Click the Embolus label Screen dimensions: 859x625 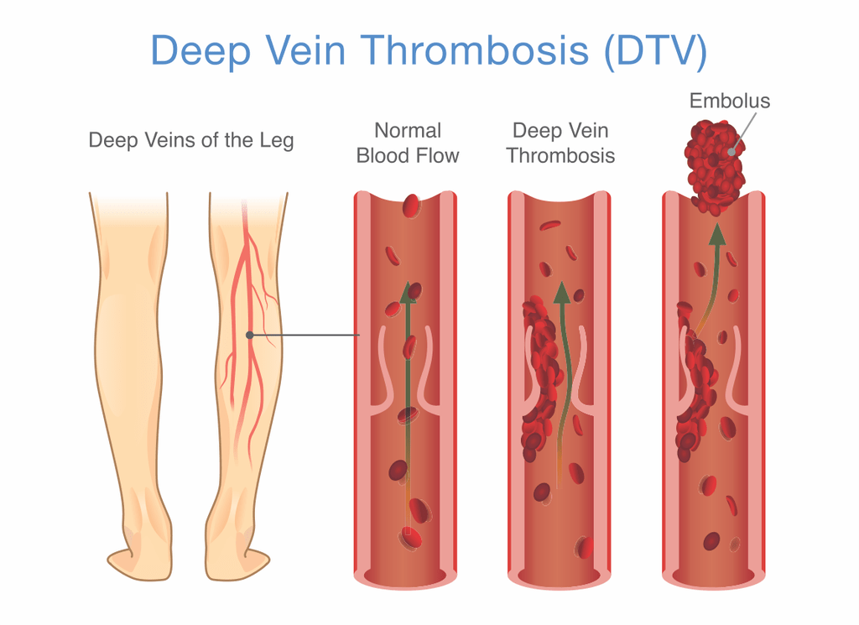coord(729,101)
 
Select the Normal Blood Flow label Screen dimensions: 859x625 coord(408,143)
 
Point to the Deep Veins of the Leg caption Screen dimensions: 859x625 coord(191,140)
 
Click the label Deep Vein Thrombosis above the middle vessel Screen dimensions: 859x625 coord(560,143)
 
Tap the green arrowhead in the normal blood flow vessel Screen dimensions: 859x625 coord(407,293)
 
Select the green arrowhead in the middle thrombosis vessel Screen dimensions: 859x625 coord(561,293)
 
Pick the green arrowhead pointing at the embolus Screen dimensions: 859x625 coord(717,234)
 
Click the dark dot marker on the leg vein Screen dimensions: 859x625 coord(249,335)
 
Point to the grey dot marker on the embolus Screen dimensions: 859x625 coord(731,151)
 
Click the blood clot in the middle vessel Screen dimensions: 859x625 coord(541,378)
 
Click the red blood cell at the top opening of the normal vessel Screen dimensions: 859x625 coord(411,206)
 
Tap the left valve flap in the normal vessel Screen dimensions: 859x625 coord(383,372)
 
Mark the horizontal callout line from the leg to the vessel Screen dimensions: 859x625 coord(305,335)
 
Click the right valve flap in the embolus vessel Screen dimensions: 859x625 coord(737,372)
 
